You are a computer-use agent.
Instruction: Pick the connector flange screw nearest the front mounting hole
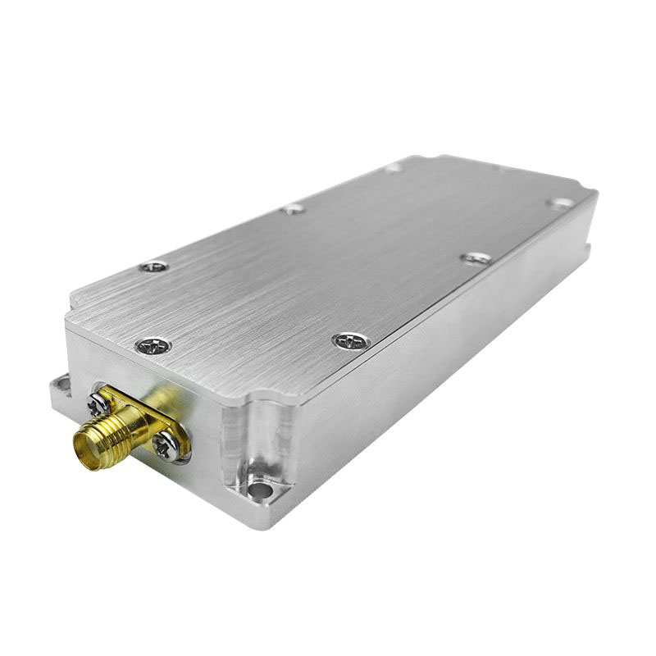point(166,444)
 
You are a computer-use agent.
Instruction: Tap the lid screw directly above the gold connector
point(153,346)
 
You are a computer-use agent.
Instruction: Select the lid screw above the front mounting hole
point(351,340)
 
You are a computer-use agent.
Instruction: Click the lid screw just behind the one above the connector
point(153,266)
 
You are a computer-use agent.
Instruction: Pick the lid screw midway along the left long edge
point(293,209)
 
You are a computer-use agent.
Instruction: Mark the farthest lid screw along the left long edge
point(394,168)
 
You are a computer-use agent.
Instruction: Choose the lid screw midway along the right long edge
point(476,258)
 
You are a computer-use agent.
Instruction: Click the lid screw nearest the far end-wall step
point(561,203)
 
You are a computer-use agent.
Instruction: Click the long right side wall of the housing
point(443,361)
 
